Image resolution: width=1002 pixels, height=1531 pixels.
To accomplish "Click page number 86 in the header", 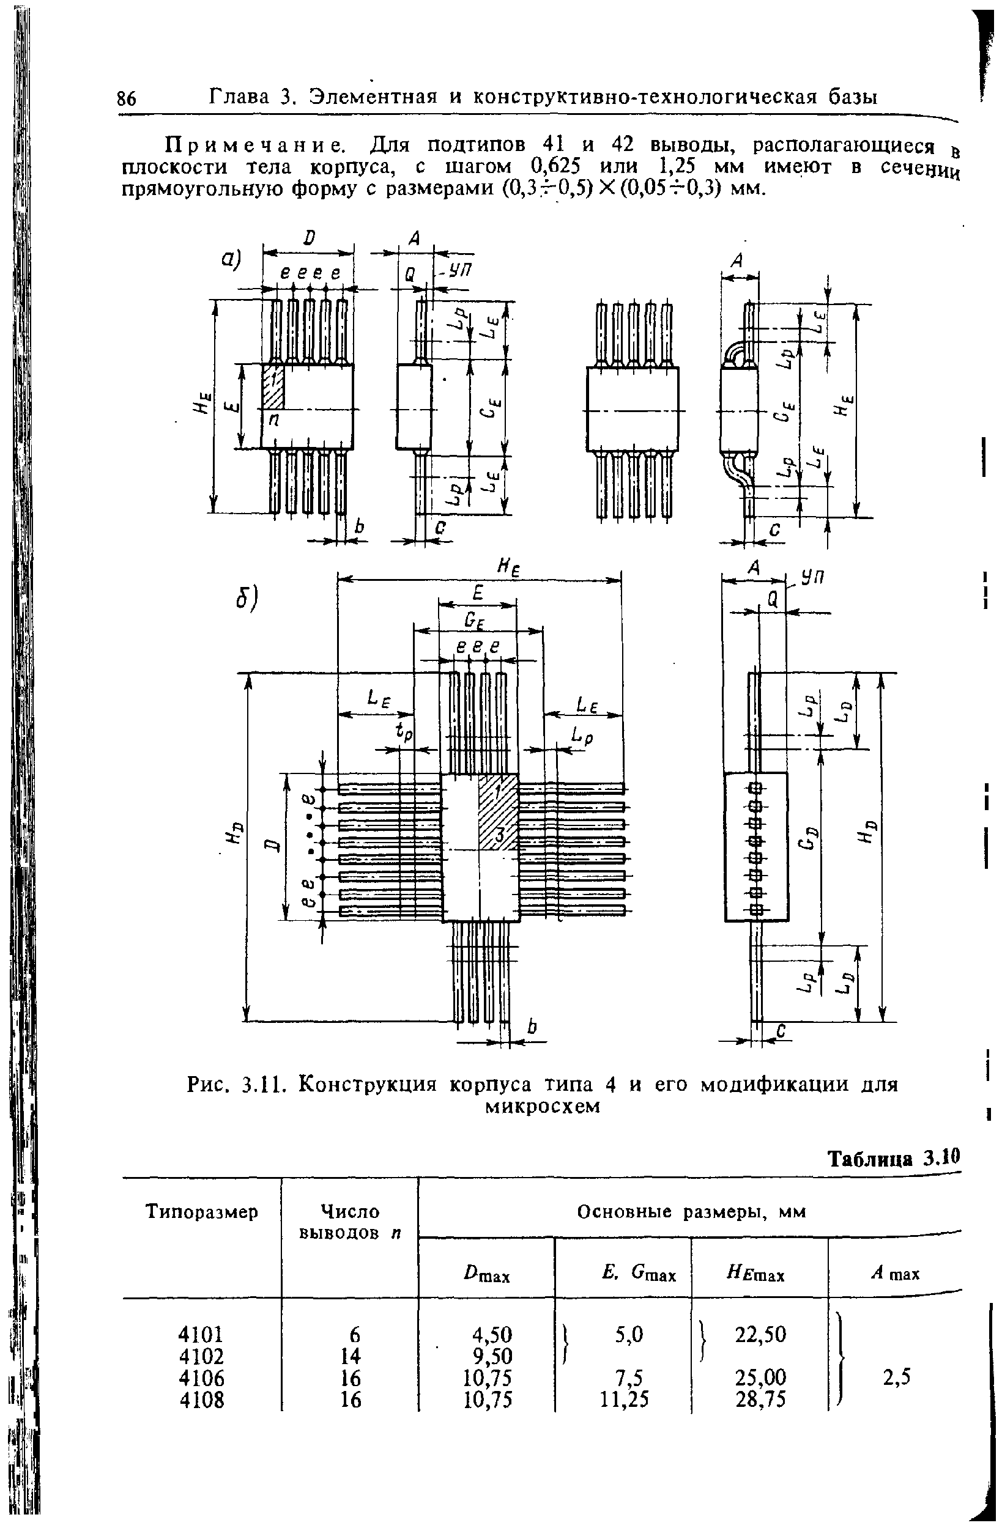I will (127, 98).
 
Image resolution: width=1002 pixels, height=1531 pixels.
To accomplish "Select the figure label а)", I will (231, 259).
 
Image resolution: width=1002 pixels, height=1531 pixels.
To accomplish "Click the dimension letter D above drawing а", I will (309, 238).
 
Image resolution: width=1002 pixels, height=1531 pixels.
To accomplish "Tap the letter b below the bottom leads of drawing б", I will (532, 1028).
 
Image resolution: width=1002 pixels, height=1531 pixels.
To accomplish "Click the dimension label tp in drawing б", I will (404, 731).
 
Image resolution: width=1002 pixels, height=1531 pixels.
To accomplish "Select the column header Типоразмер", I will (201, 1212).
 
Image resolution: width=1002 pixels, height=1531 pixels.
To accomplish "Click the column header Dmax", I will (486, 1274).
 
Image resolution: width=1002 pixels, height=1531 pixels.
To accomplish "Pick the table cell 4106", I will (202, 1378).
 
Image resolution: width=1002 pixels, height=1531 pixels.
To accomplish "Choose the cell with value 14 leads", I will (351, 1356).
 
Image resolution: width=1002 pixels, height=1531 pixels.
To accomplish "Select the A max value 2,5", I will (896, 1376).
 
